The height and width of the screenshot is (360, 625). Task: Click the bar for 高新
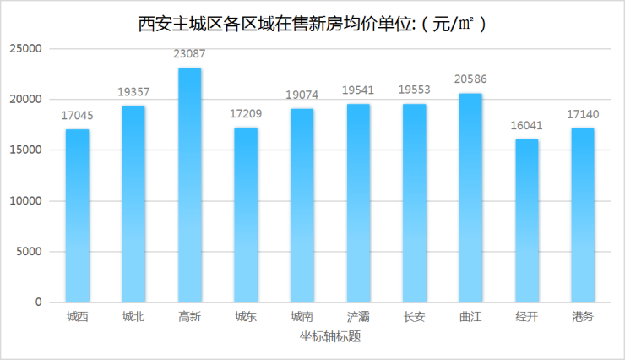[189, 185]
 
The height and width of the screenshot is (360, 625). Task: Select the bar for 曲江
[470, 198]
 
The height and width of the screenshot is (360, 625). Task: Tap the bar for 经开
[526, 221]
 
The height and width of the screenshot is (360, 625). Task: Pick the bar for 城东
[246, 215]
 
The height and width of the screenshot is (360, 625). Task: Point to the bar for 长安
[414, 203]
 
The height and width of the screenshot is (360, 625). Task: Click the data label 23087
[189, 55]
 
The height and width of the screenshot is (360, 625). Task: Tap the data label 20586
[470, 80]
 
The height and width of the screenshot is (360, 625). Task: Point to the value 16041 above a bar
[526, 126]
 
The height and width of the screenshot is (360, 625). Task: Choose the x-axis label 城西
[77, 317]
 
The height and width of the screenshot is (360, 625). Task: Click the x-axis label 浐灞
[358, 317]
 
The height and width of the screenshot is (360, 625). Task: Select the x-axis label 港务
[582, 317]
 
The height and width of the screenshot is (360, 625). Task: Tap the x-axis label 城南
[302, 317]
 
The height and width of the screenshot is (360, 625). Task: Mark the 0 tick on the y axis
[37, 303]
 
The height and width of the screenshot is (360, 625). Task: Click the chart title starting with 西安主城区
[312, 24]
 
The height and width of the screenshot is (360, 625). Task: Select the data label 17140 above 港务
[582, 115]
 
